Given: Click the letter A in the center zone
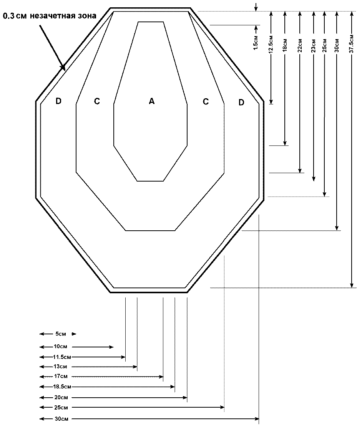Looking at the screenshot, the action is (x=152, y=101).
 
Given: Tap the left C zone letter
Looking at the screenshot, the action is (x=97, y=101).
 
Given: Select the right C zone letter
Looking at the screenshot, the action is (x=206, y=102).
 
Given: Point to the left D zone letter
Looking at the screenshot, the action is (x=58, y=101).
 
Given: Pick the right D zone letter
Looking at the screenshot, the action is (x=241, y=102).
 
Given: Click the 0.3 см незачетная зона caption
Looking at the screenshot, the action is (x=50, y=16).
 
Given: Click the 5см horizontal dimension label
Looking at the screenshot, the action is (x=61, y=334).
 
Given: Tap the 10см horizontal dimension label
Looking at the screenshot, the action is (x=60, y=347).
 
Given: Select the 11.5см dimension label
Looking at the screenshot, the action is (x=62, y=357).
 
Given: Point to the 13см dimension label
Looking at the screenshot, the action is (x=60, y=367).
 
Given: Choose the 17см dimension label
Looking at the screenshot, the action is (x=61, y=377).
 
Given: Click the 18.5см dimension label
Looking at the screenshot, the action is (x=62, y=387).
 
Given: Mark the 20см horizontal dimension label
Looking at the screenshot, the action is (x=61, y=397).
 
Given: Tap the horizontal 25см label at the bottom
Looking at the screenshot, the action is (x=61, y=408).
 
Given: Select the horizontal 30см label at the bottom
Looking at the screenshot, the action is (x=61, y=419).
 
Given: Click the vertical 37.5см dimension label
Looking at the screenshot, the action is (x=352, y=44).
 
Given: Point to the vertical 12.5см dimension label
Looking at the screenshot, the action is (x=271, y=44).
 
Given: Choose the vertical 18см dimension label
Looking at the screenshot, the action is (x=285, y=45).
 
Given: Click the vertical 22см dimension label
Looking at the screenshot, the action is (x=300, y=45).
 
